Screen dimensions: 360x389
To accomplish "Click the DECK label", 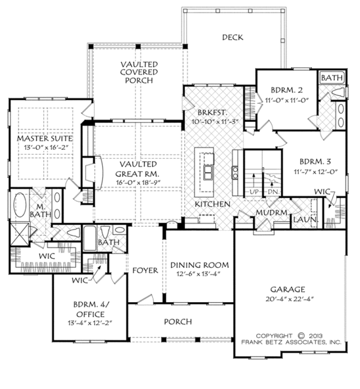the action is pyautogui.click(x=232, y=37).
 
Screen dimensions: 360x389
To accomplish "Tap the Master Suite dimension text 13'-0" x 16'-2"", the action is pyautogui.click(x=46, y=147).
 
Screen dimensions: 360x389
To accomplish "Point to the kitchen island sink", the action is pyautogui.click(x=208, y=172).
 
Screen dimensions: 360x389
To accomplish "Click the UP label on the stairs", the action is pyautogui.click(x=254, y=192).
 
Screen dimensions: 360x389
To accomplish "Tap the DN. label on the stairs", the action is pyautogui.click(x=274, y=192).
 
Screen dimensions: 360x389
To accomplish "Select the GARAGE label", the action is pyautogui.click(x=287, y=290).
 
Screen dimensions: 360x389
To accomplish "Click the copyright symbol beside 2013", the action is pyautogui.click(x=301, y=336).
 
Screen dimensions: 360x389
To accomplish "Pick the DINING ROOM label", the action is pyautogui.click(x=200, y=265).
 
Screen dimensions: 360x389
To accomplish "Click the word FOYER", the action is pyautogui.click(x=145, y=270).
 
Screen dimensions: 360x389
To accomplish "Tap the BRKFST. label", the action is pyautogui.click(x=212, y=113).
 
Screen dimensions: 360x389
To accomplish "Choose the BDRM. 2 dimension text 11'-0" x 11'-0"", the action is pyautogui.click(x=287, y=100).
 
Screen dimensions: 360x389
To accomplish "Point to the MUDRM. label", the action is pyautogui.click(x=273, y=213).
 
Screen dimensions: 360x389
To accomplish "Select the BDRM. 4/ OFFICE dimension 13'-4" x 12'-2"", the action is pyautogui.click(x=91, y=323).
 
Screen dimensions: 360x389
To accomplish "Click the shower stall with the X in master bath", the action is pyautogui.click(x=20, y=234).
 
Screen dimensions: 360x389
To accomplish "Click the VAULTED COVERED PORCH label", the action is pyautogui.click(x=139, y=72).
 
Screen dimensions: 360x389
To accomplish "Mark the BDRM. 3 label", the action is pyautogui.click(x=315, y=162).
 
